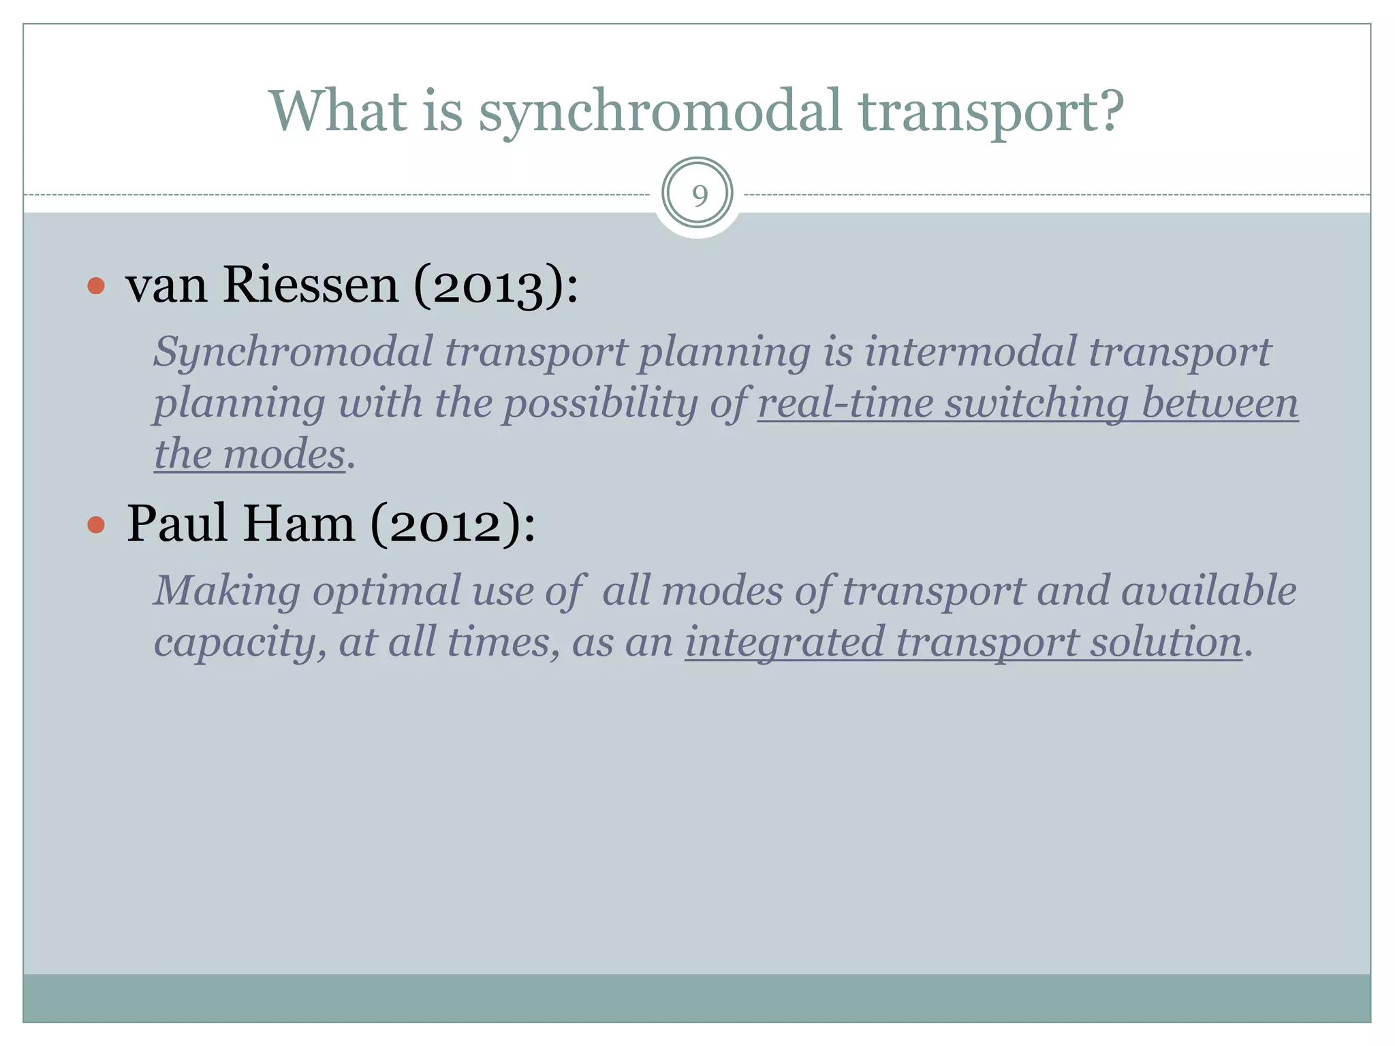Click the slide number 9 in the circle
pyautogui.click(x=699, y=195)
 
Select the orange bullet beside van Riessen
pyautogui.click(x=96, y=285)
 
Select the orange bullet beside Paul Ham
pyautogui.click(x=96, y=524)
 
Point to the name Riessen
pyautogui.click(x=311, y=285)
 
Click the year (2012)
pyautogui.click(x=452, y=525)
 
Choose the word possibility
pyautogui.click(x=600, y=403)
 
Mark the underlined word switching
pyautogui.click(x=1037, y=403)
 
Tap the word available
pyautogui.click(x=1208, y=590)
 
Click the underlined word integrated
pyautogui.click(x=784, y=642)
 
